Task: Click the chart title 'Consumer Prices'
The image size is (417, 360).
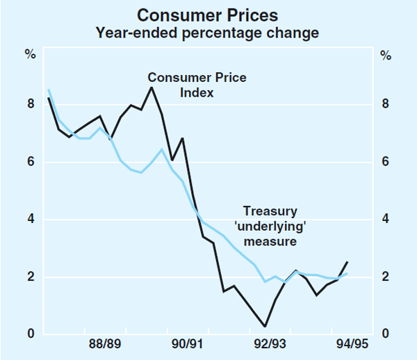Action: click(x=208, y=15)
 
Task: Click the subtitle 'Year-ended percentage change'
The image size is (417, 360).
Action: click(x=208, y=32)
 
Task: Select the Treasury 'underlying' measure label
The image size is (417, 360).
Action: click(x=270, y=226)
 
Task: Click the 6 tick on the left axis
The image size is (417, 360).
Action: click(x=31, y=163)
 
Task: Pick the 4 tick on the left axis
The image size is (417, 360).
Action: click(x=31, y=220)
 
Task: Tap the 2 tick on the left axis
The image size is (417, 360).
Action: click(x=31, y=277)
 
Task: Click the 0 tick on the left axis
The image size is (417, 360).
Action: click(x=31, y=334)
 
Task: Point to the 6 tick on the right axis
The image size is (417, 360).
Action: click(x=386, y=163)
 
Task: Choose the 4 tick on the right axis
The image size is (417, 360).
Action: click(x=386, y=220)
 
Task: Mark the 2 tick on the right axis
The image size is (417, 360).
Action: click(x=386, y=277)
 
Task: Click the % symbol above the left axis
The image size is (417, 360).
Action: click(x=31, y=54)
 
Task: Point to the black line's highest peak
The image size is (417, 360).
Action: click(x=152, y=87)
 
